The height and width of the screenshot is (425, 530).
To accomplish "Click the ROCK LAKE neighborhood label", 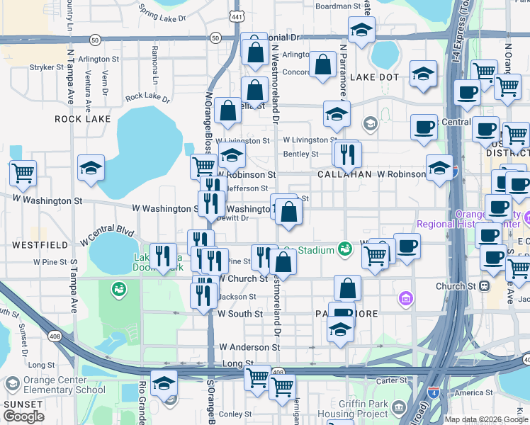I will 83,119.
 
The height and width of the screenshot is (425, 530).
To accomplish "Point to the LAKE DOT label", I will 374,76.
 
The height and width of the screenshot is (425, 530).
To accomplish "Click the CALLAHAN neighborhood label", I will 344,174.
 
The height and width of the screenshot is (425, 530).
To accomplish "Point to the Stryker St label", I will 47,67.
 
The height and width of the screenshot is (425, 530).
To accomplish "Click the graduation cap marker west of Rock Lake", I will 91,168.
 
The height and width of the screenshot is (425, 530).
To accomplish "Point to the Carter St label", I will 391,380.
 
